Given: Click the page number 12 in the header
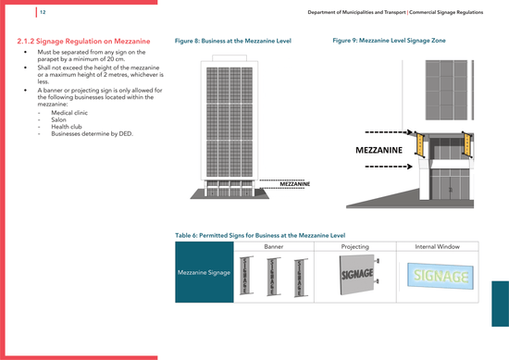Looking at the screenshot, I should point(43,11).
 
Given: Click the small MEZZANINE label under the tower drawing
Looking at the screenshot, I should point(294,184).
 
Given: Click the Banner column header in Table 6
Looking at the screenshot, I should point(273,247).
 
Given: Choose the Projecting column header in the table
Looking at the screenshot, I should point(354,247).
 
